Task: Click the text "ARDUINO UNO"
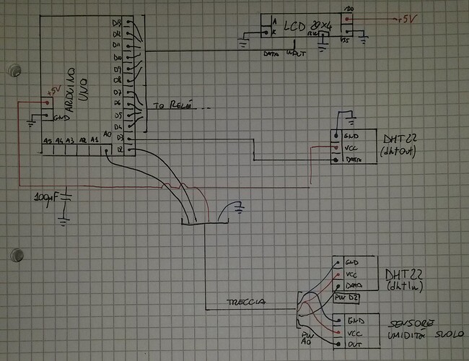tap(74, 83)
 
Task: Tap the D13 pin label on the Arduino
tap(118, 23)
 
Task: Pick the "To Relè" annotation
tap(172, 106)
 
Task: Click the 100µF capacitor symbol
tap(65, 196)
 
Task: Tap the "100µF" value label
tap(46, 196)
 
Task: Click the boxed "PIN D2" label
tap(346, 297)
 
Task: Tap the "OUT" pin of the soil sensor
tap(353, 344)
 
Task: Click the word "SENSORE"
tap(412, 322)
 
